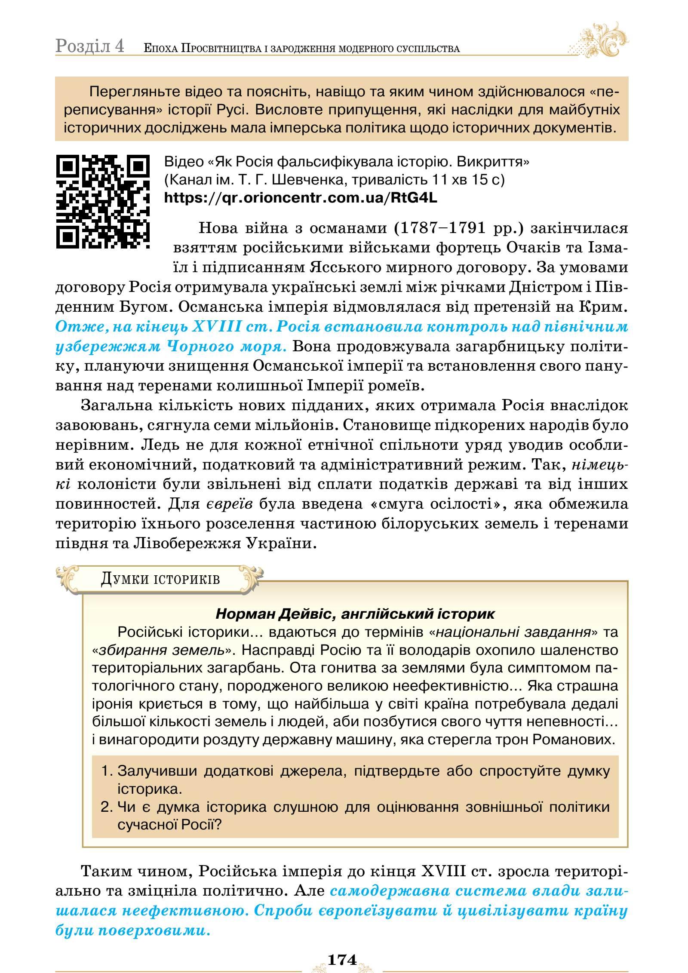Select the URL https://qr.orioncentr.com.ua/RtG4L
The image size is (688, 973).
(301, 198)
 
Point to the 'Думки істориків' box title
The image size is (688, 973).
(160, 579)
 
